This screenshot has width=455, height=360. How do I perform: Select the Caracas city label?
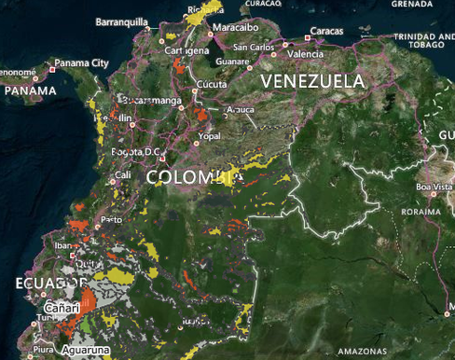[x=326, y=31]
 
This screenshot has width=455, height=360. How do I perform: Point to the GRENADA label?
[x=411, y=4]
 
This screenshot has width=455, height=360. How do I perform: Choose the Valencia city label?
[x=305, y=54]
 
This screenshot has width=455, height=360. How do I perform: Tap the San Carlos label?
[x=254, y=47]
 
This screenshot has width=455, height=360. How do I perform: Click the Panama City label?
[x=81, y=63]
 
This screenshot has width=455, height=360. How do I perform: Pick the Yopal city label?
[x=209, y=134]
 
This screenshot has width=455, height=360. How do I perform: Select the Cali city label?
[x=122, y=174]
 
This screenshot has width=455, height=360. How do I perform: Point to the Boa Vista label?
[x=434, y=188]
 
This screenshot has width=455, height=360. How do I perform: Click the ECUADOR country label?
[x=49, y=283]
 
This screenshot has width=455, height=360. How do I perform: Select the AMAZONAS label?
[x=362, y=351]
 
